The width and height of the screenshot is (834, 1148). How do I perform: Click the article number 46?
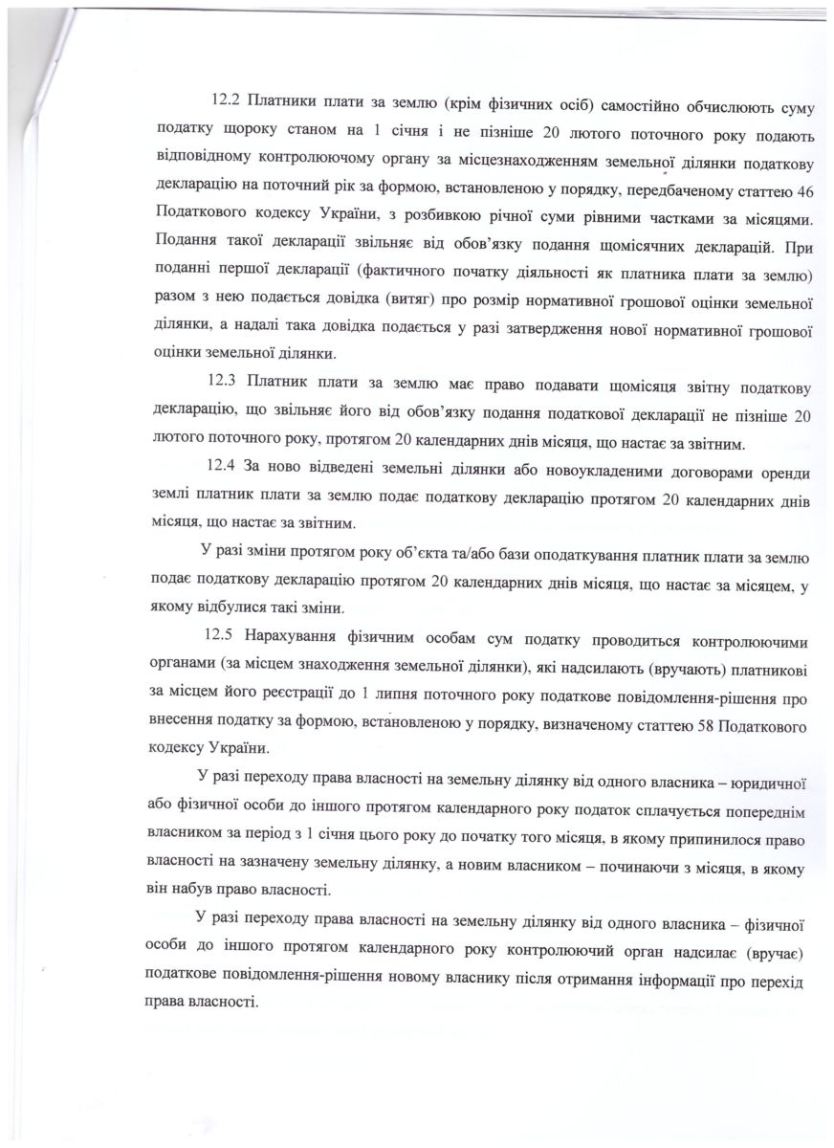(x=802, y=183)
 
